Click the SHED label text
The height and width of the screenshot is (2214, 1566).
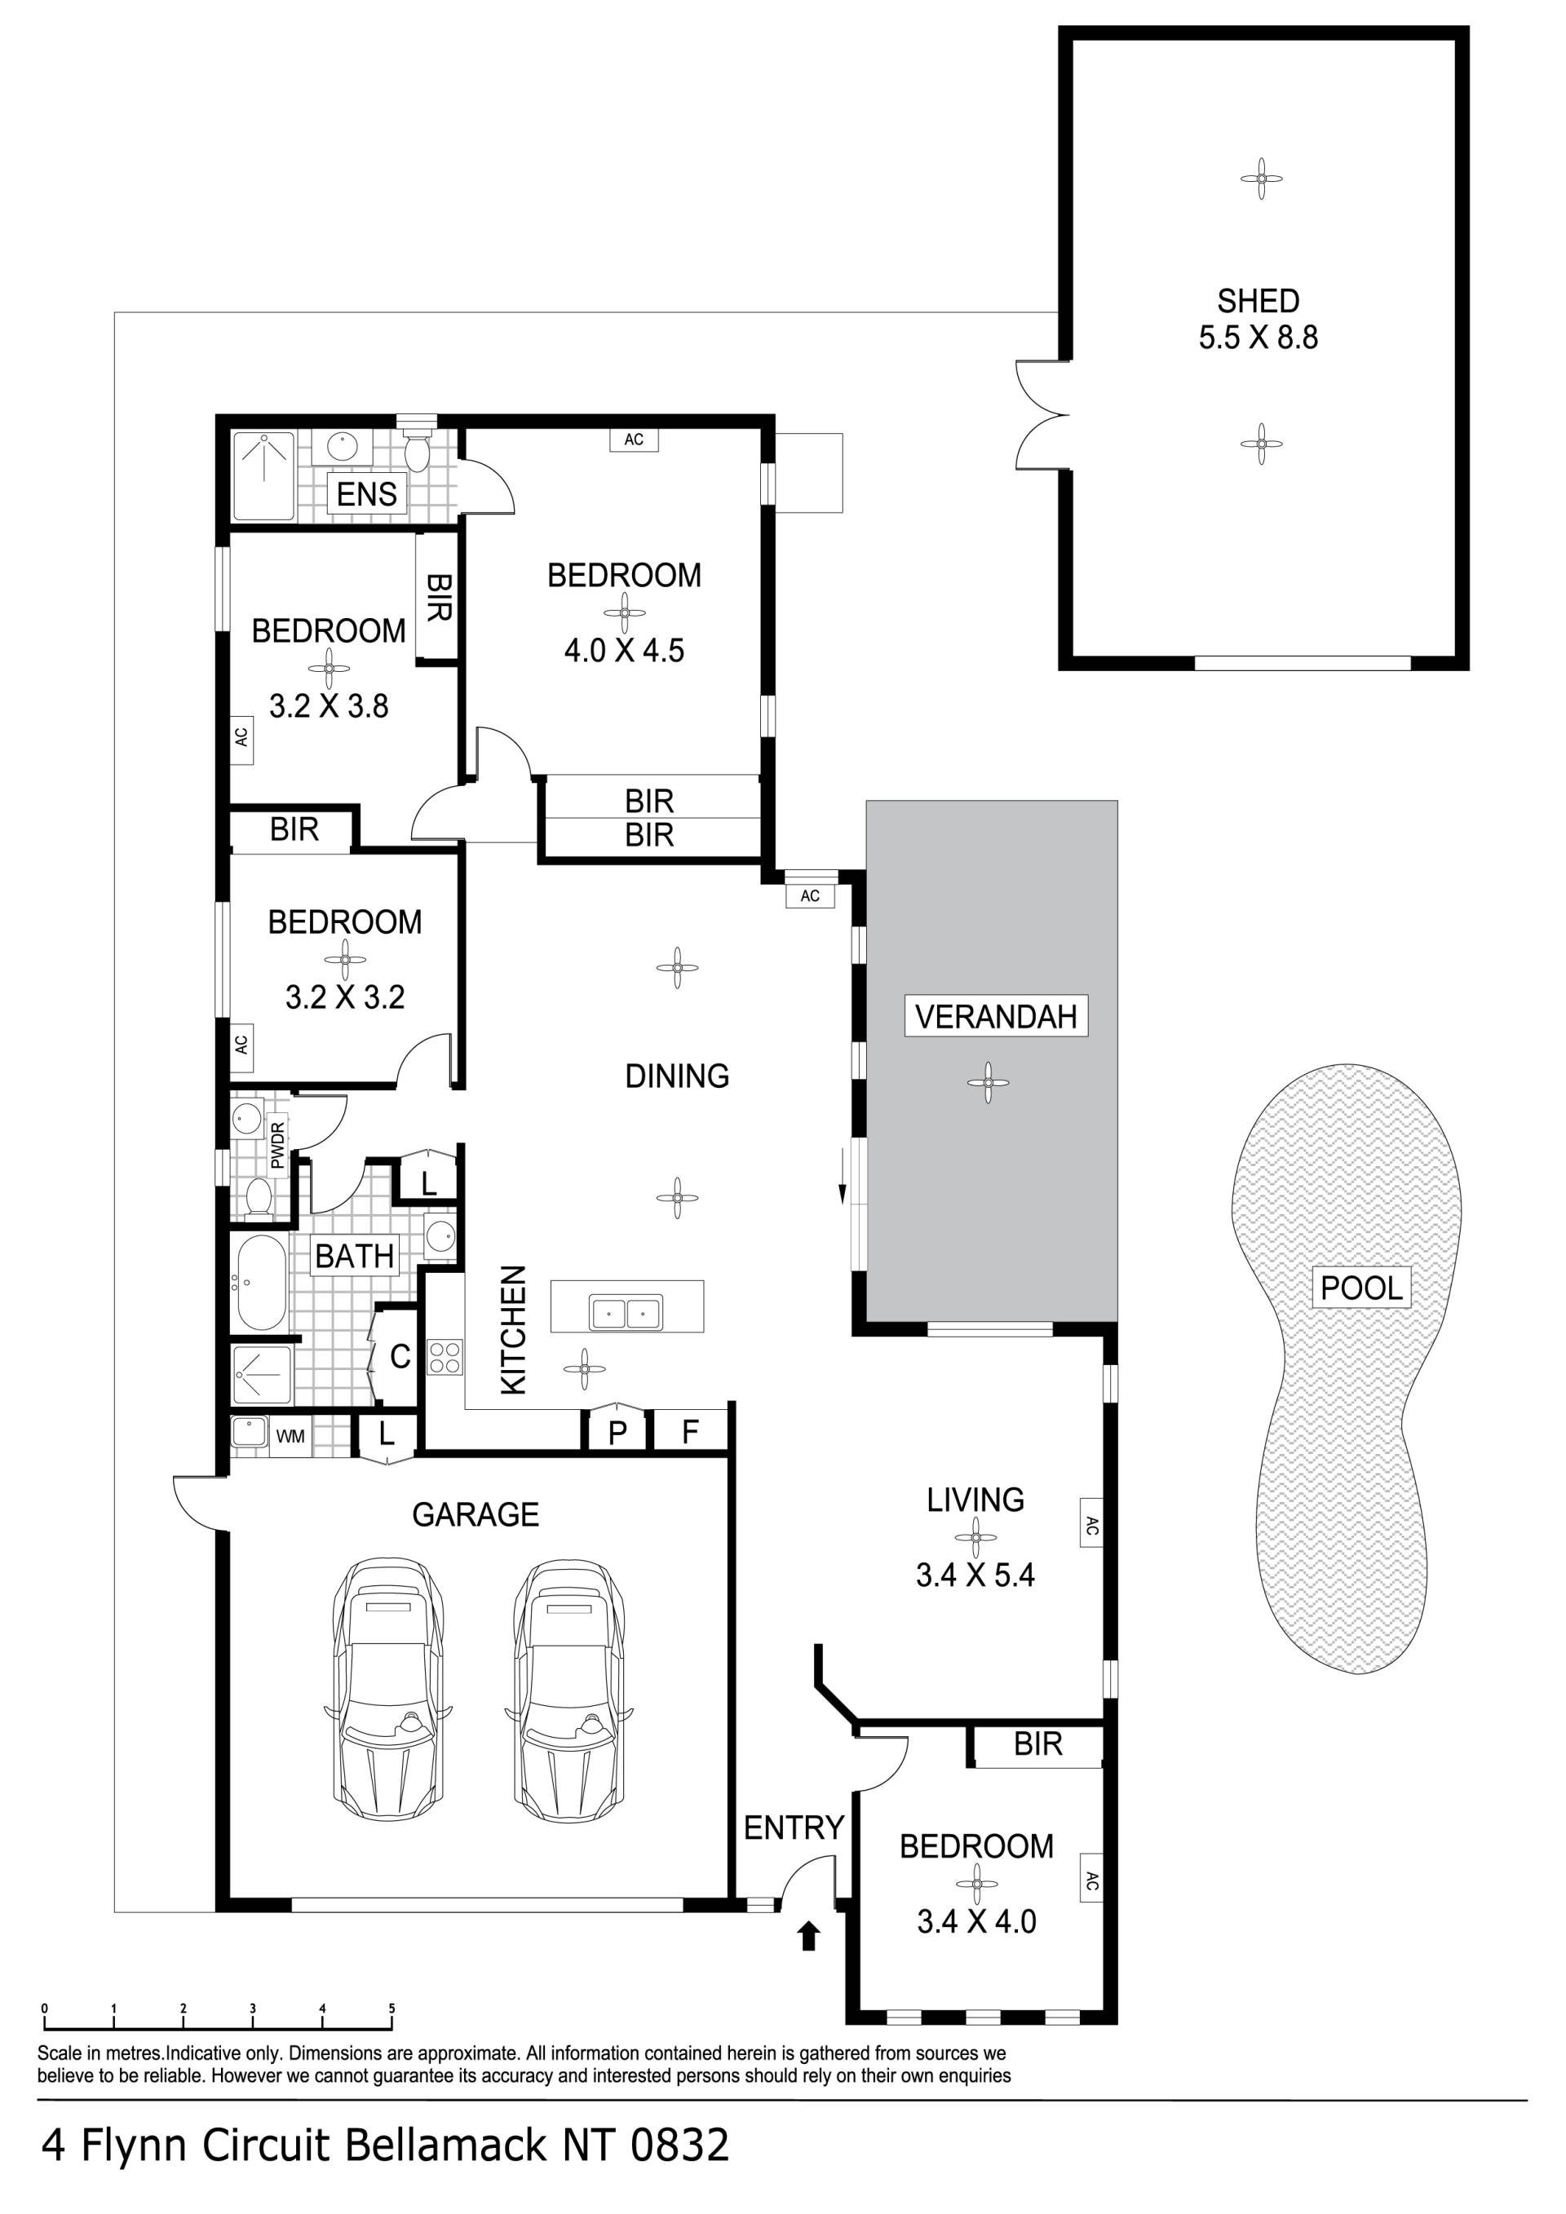tap(1258, 301)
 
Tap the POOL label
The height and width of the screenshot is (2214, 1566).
tap(1360, 1288)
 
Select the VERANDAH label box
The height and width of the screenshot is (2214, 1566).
tap(996, 1016)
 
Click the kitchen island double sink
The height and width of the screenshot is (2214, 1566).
tap(626, 1312)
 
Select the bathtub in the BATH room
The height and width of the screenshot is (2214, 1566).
tap(259, 1284)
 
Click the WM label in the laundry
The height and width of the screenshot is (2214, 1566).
tap(290, 1436)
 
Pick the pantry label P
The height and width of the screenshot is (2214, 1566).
tap(618, 1433)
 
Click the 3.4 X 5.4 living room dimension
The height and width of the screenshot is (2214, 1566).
tap(975, 1575)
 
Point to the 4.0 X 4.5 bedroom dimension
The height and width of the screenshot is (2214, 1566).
tap(624, 650)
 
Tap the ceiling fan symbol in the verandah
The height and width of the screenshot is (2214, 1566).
tap(988, 1082)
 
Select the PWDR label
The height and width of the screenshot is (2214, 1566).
tap(279, 1146)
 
